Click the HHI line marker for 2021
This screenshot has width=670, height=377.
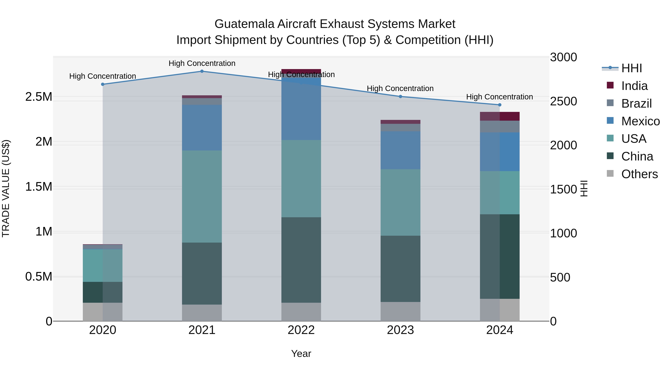point(202,71)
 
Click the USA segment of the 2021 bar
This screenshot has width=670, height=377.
point(202,196)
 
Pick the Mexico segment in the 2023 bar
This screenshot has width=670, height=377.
point(401,150)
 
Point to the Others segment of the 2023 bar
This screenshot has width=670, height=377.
point(401,311)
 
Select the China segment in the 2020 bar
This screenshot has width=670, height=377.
point(103,292)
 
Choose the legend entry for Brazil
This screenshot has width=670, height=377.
point(636,104)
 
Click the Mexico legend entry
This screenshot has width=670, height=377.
point(640,121)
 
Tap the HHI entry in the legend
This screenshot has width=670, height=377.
point(631,68)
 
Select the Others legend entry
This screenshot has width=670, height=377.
point(639,174)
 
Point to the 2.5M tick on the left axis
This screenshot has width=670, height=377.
point(39,97)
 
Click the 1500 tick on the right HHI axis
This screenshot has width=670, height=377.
point(563,189)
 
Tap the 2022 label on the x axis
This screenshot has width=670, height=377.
point(301,330)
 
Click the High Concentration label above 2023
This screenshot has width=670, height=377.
point(400,88)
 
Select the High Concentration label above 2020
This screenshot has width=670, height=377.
point(103,76)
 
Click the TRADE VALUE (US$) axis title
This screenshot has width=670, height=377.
point(6,188)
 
